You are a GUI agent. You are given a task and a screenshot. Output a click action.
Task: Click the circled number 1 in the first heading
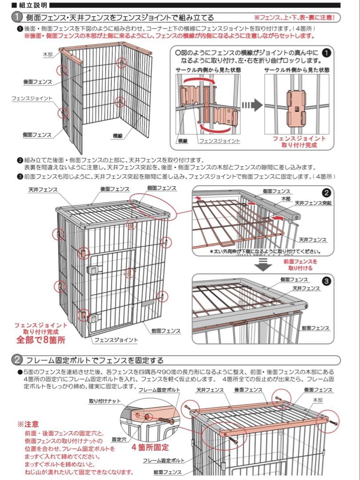[16, 18]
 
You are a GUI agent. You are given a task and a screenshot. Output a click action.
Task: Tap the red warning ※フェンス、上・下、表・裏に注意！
[297, 18]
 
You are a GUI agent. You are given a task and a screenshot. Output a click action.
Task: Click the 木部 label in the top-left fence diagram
[48, 54]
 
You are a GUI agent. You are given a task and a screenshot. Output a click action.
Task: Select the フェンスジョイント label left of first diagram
[32, 98]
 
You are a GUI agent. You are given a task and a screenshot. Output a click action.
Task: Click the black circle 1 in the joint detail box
[326, 52]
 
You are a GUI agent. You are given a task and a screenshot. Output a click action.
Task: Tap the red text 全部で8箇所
[41, 340]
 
